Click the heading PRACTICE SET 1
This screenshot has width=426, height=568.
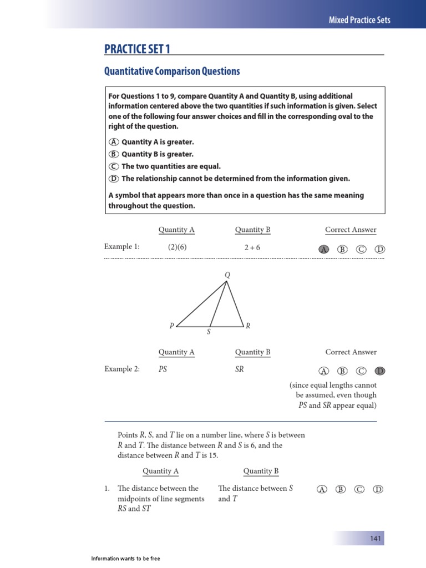click(137, 49)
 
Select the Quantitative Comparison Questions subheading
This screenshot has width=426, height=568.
click(172, 72)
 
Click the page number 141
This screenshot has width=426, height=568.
click(376, 539)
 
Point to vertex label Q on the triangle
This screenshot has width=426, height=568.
click(227, 275)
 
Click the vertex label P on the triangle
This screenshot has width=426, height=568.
click(171, 326)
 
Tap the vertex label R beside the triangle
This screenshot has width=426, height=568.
click(248, 326)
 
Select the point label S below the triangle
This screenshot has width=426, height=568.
click(209, 332)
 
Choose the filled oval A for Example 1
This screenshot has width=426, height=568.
click(323, 250)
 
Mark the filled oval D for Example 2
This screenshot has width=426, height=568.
click(380, 371)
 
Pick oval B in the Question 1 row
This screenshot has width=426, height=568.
click(341, 489)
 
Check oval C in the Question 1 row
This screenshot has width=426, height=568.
click(360, 489)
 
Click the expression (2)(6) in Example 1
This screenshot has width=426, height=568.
click(177, 247)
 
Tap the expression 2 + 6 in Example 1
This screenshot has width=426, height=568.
click(252, 247)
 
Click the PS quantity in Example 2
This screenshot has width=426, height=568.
click(163, 369)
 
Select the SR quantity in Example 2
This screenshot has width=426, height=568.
click(240, 369)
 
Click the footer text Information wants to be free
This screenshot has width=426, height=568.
click(125, 559)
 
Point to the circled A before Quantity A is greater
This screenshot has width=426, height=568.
click(114, 143)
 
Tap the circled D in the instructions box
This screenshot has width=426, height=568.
click(114, 179)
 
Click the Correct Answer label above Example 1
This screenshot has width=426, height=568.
click(351, 230)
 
